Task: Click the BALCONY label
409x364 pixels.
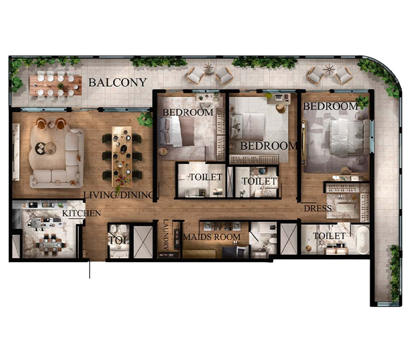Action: [x=118, y=83]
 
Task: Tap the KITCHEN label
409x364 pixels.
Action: [x=81, y=214]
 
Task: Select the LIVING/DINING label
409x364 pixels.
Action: [x=119, y=195]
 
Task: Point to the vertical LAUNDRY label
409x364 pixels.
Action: [x=166, y=235]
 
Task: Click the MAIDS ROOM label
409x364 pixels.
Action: [x=212, y=237]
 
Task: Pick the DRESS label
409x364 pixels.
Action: [x=318, y=208]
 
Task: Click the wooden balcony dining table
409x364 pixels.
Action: [x=56, y=85]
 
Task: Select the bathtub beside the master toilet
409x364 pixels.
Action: [x=363, y=239]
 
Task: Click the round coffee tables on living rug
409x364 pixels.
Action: [x=46, y=148]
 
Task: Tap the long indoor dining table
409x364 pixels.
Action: [x=122, y=156]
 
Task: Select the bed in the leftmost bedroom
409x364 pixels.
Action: [x=176, y=132]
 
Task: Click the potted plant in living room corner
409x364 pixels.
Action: [x=145, y=120]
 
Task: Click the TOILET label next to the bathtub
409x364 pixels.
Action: [x=329, y=236]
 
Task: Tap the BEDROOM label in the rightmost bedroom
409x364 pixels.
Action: [x=330, y=106]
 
